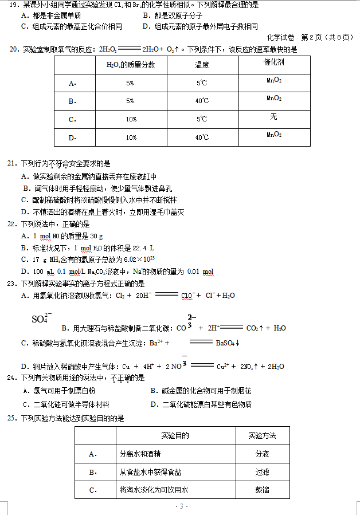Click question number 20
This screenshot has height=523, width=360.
tap(15, 49)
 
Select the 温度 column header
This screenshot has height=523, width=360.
tap(202, 65)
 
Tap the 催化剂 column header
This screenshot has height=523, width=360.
tap(274, 62)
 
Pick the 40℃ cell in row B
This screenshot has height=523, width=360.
tap(202, 101)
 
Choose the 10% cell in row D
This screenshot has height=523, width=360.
tap(131, 137)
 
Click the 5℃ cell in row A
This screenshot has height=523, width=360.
tap(202, 83)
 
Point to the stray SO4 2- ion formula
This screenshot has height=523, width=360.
tap(41, 318)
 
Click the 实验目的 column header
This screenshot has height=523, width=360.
tap(175, 436)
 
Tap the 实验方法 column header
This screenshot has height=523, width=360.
tap(262, 436)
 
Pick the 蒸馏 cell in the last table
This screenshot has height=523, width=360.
tap(262, 490)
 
